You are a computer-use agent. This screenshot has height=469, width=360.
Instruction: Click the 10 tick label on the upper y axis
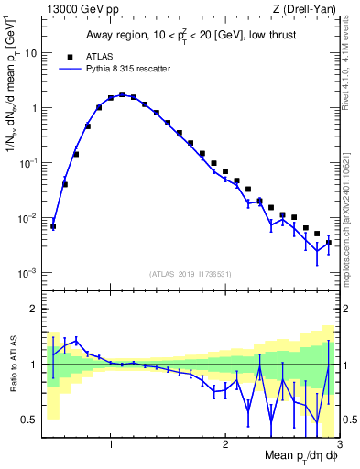tap(32, 53)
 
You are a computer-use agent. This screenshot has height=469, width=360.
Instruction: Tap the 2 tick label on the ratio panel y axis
tap(36, 309)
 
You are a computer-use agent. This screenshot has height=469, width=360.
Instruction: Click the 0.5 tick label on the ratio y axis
tap(32, 420)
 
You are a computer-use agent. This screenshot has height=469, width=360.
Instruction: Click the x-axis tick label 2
tap(225, 445)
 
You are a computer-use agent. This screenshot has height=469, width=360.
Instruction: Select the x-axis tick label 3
tap(339, 445)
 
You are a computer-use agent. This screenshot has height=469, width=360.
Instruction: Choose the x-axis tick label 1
tap(111, 445)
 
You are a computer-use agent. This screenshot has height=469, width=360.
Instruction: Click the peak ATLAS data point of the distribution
tap(122, 94)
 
